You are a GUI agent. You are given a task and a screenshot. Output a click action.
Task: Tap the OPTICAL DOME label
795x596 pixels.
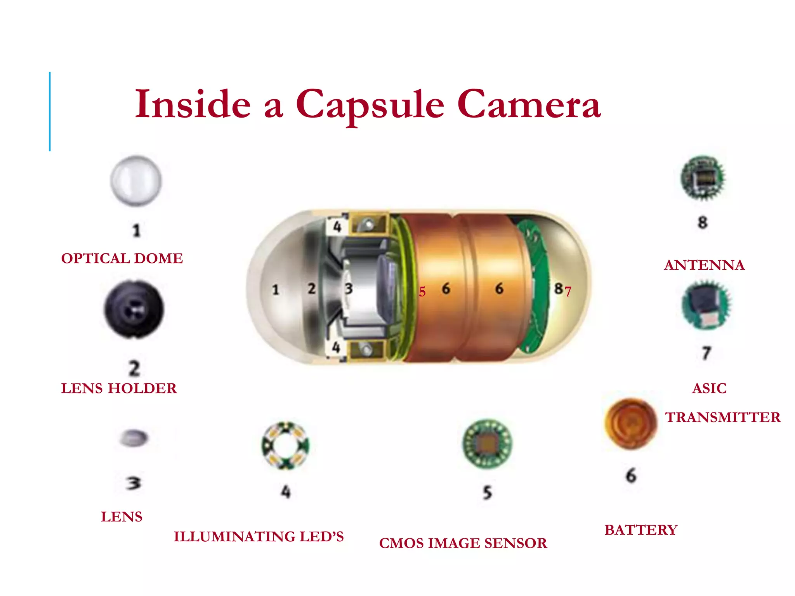[122, 258]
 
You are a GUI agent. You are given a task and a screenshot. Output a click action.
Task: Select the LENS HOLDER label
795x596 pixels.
[119, 388]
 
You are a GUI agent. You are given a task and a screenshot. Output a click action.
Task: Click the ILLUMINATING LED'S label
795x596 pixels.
[259, 537]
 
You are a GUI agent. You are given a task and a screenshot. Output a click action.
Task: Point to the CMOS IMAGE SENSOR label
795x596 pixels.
[463, 543]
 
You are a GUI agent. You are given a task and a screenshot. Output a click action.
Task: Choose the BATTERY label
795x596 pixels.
[641, 530]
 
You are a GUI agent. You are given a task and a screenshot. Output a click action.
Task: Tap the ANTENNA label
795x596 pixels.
[704, 265]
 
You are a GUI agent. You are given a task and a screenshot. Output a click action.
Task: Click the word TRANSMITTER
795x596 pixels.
[723, 418]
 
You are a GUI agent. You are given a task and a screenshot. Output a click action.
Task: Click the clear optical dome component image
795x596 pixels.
[136, 181]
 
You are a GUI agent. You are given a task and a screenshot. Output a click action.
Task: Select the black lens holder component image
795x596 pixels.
[134, 309]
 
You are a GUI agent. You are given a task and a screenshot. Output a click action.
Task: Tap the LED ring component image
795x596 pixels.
[286, 446]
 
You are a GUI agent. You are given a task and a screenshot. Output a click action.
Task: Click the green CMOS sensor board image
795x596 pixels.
[488, 444]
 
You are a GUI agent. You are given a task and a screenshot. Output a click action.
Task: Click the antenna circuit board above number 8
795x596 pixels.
[703, 178]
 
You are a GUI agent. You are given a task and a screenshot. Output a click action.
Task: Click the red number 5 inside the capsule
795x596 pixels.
[422, 292]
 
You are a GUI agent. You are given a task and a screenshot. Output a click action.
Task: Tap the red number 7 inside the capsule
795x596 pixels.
[568, 291]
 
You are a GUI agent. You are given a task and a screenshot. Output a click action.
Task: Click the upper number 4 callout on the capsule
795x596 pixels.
[337, 226]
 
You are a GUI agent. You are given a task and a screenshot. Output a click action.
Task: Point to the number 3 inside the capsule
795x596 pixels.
[349, 289]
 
